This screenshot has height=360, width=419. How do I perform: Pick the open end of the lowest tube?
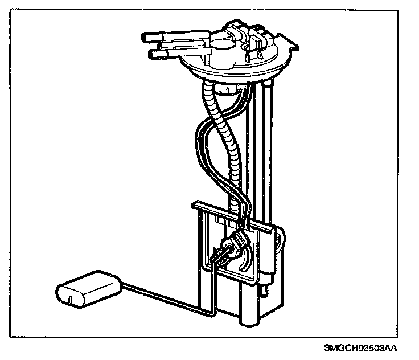[151, 55]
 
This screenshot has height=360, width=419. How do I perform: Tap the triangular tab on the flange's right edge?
[291, 44]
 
